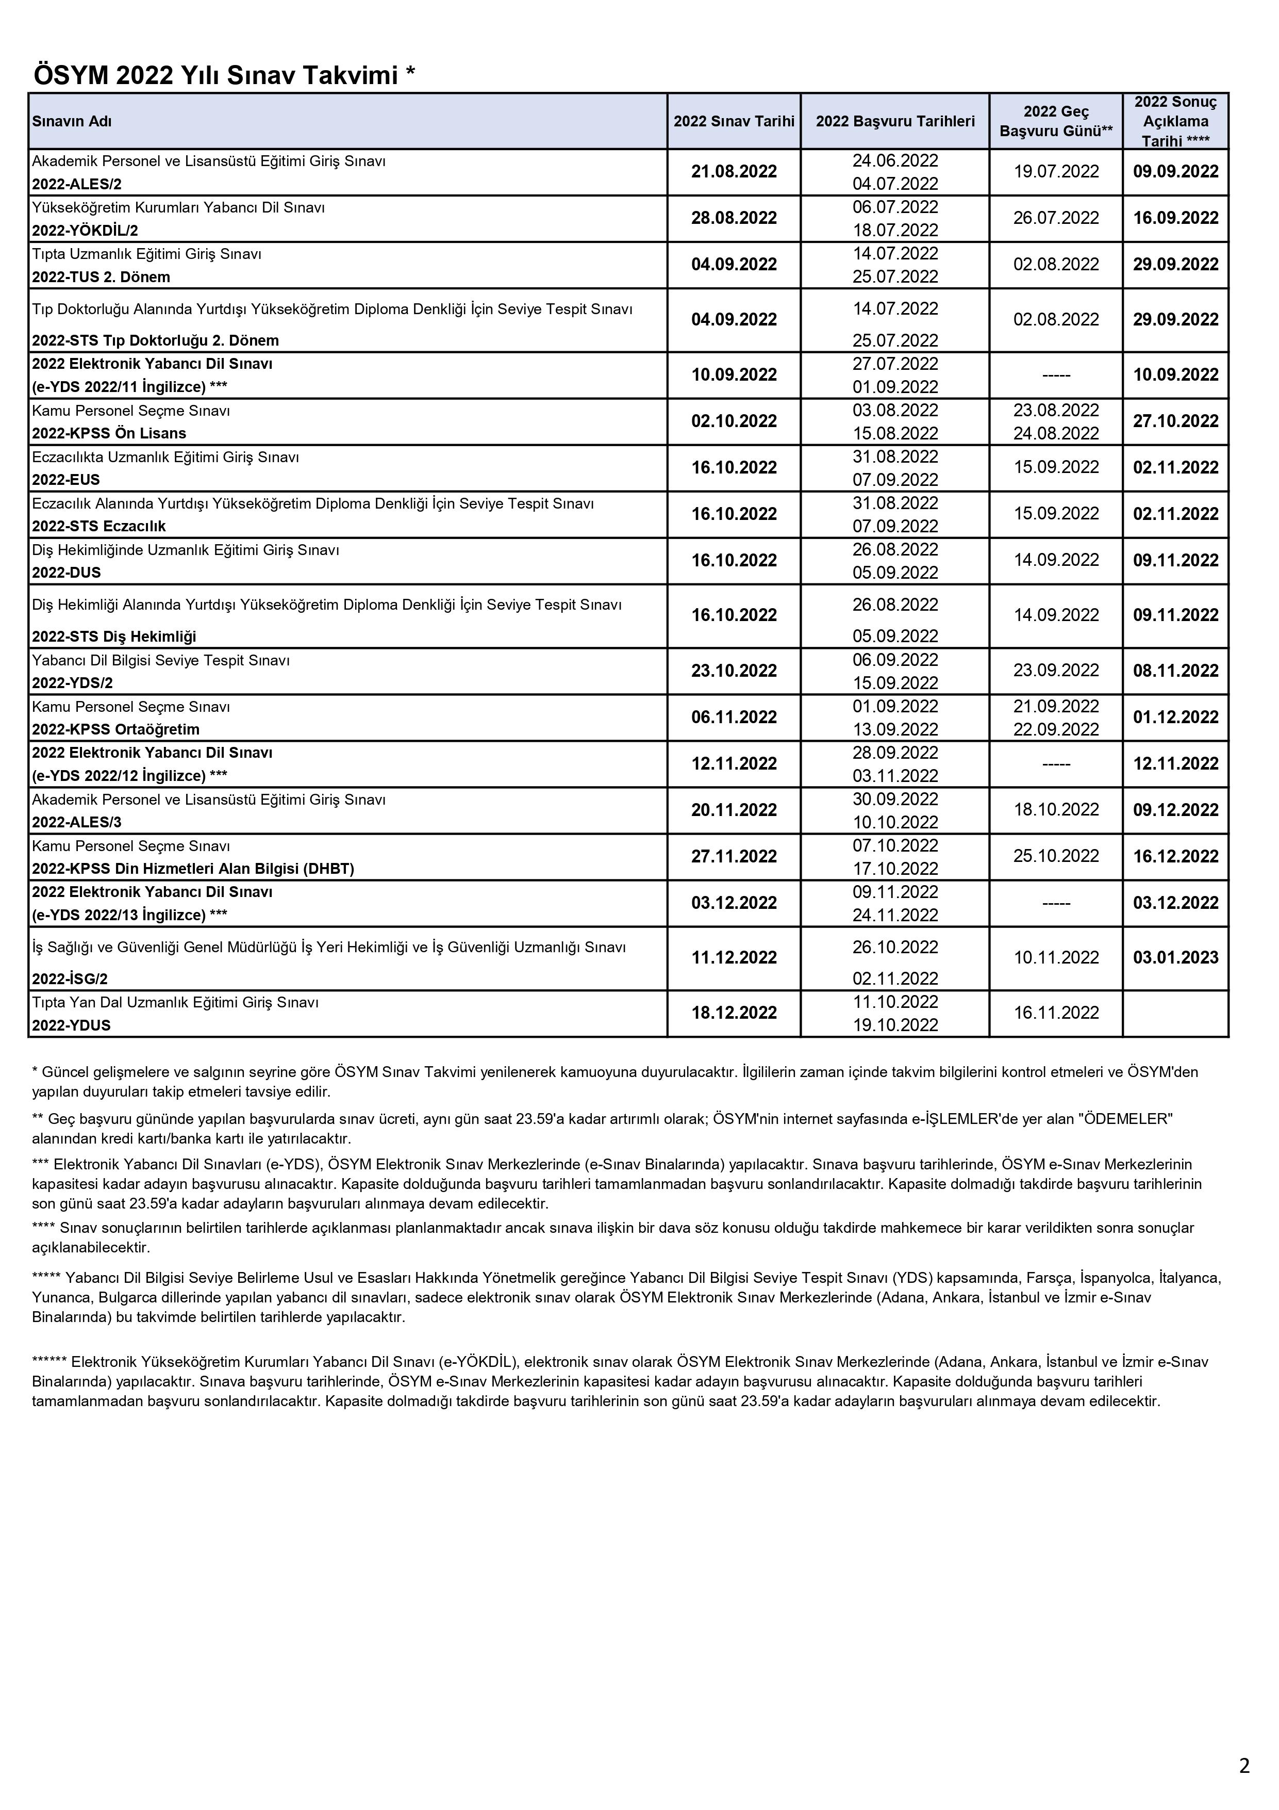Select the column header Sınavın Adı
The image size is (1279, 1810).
pyautogui.click(x=72, y=121)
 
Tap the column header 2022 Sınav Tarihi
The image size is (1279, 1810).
pyautogui.click(x=734, y=121)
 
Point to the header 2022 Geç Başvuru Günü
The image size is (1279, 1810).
pyautogui.click(x=1055, y=121)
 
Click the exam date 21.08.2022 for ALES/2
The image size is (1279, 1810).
pyautogui.click(x=734, y=172)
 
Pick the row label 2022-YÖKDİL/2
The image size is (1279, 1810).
pyautogui.click(x=85, y=230)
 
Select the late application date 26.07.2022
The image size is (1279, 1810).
pyautogui.click(x=1055, y=218)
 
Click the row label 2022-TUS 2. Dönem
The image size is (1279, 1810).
pyautogui.click(x=101, y=276)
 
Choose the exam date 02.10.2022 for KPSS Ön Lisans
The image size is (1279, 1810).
pyautogui.click(x=734, y=422)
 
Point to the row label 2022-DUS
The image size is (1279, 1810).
pyautogui.click(x=66, y=573)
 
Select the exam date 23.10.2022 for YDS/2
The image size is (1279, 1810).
pyautogui.click(x=734, y=671)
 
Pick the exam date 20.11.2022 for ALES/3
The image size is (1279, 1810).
pyautogui.click(x=734, y=810)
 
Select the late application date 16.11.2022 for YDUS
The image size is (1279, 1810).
pyautogui.click(x=1055, y=1013)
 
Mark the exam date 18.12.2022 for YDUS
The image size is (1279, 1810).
pyautogui.click(x=734, y=1013)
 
